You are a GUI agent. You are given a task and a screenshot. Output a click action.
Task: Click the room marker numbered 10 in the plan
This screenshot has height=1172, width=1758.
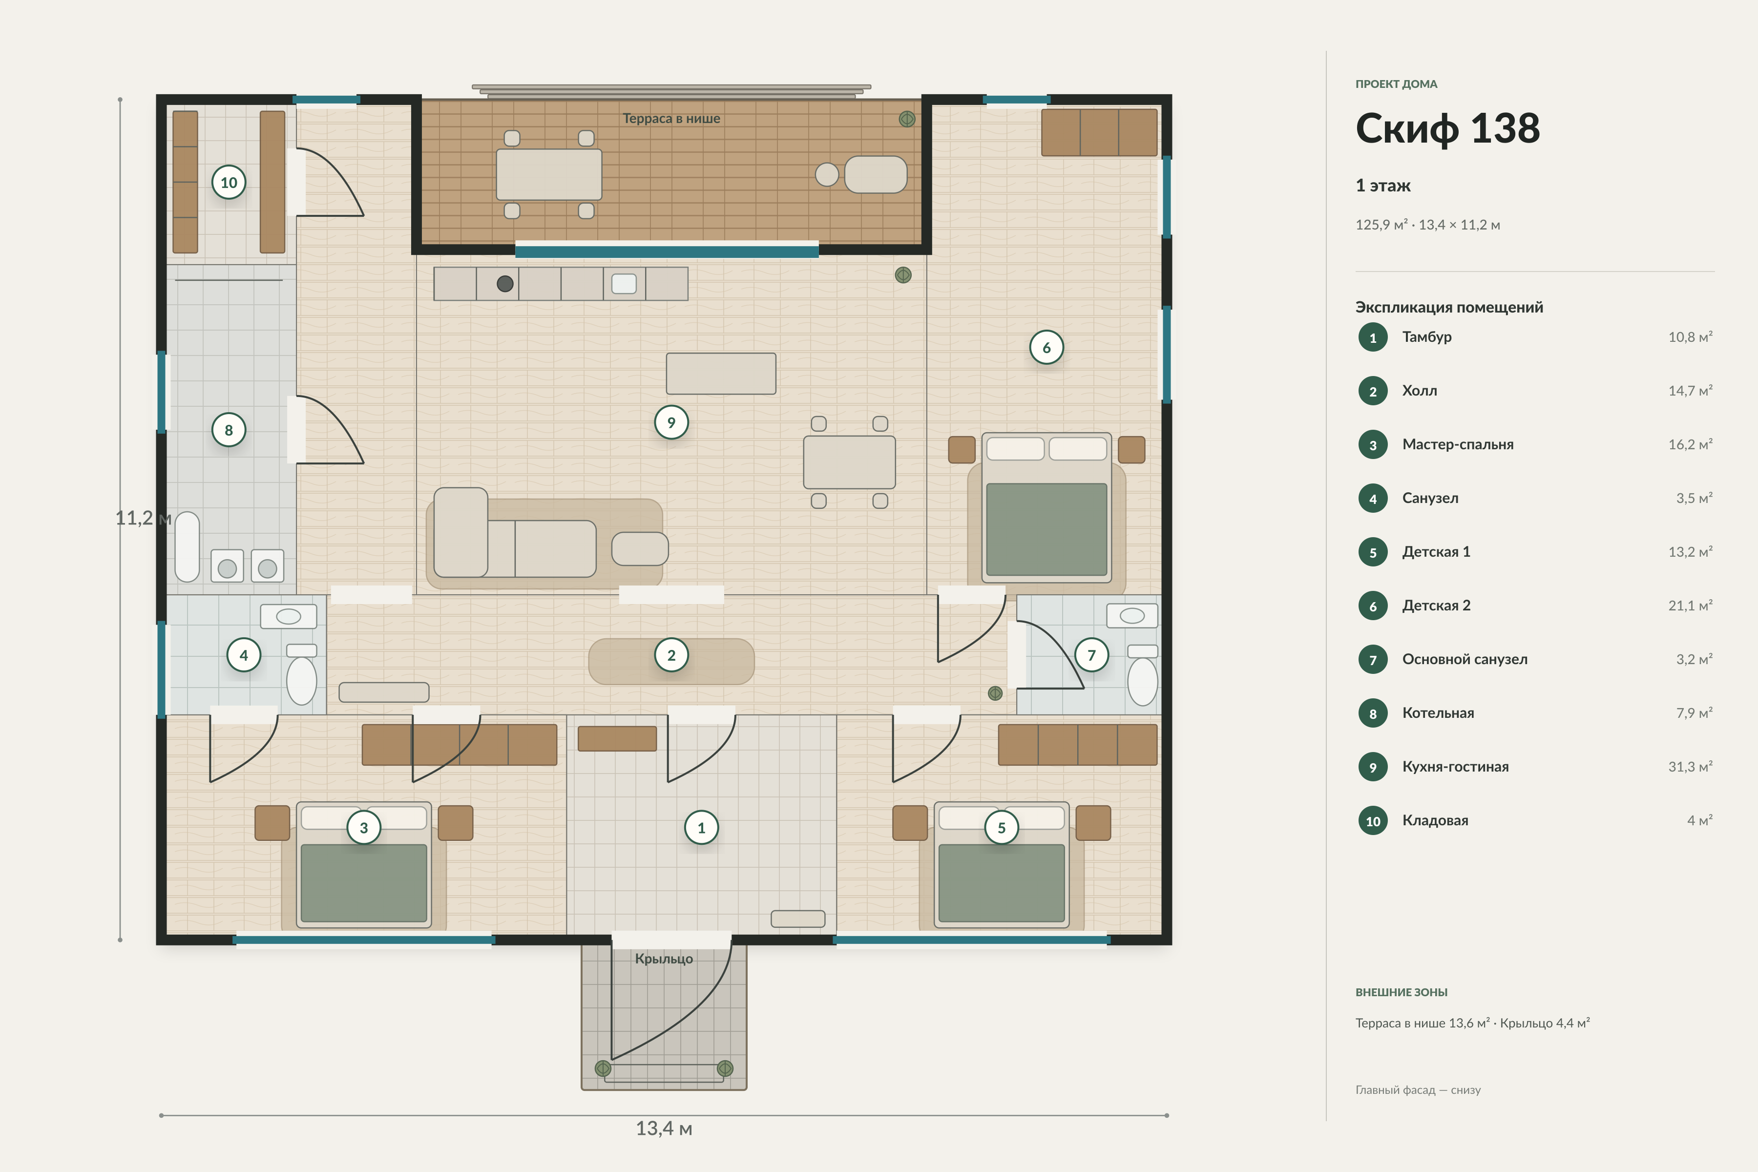click(x=229, y=182)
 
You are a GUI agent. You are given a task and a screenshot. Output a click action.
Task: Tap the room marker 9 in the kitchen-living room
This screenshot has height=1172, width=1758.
click(x=671, y=422)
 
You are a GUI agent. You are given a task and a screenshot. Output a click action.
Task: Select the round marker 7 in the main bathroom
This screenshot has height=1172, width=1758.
click(x=1091, y=655)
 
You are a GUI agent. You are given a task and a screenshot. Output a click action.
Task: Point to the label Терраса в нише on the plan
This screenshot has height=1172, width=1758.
click(x=671, y=118)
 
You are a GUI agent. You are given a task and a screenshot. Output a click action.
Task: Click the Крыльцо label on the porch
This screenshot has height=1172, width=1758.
click(x=664, y=958)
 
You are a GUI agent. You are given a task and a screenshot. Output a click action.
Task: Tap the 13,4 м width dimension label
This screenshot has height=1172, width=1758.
click(x=664, y=1128)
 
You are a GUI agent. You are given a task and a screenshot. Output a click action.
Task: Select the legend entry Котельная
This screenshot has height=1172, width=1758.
click(x=1438, y=713)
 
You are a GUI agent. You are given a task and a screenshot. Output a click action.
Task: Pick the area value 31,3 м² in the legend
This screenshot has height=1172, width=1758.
click(x=1690, y=766)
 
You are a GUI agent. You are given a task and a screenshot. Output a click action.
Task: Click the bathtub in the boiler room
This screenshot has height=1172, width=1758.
click(x=188, y=546)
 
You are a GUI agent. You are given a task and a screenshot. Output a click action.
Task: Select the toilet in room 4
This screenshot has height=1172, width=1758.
click(x=302, y=674)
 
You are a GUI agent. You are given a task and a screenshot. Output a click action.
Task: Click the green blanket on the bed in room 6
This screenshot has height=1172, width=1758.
click(x=1046, y=529)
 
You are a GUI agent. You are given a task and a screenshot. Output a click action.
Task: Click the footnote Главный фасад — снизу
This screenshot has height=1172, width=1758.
click(x=1418, y=1090)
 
